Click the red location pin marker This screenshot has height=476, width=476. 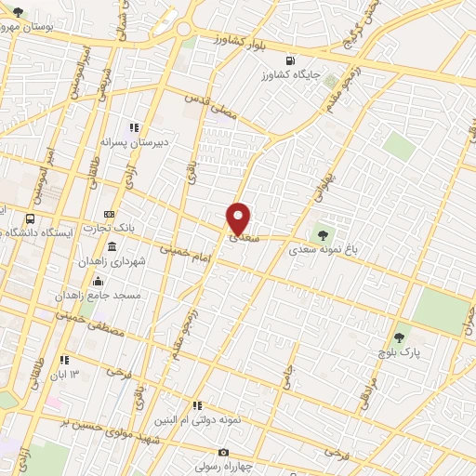tap(239, 219)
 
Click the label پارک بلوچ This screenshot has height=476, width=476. tap(400, 352)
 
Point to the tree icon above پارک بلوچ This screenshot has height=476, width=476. tap(400, 337)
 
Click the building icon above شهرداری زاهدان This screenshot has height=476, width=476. tap(112, 246)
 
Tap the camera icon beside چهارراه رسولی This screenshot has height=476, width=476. tap(221, 452)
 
